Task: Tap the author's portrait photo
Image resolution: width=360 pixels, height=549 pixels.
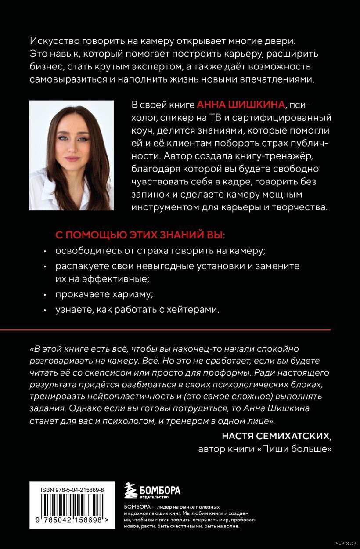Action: [x=71, y=155]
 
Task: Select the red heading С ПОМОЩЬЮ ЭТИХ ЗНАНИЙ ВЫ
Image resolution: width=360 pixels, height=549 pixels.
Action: [x=140, y=236]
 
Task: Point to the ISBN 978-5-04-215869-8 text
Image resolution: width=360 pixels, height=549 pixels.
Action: [x=69, y=489]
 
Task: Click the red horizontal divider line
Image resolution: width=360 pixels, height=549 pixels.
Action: [x=180, y=329]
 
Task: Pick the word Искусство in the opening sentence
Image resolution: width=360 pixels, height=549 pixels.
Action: [x=52, y=41]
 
